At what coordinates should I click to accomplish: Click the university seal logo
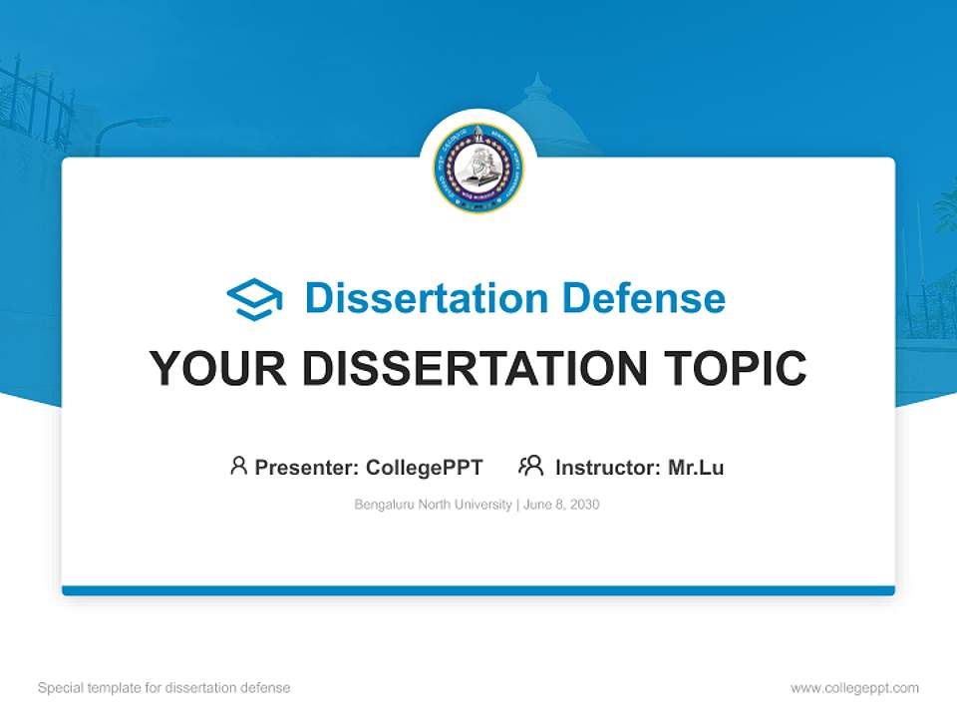tap(478, 168)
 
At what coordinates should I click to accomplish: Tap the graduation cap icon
tap(254, 298)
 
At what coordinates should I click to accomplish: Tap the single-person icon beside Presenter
tap(238, 466)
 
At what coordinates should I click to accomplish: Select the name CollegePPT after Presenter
tap(424, 467)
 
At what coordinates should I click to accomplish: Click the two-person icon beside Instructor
tap(530, 466)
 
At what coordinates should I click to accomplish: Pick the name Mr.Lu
tap(696, 467)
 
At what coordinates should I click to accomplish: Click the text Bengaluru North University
tap(433, 505)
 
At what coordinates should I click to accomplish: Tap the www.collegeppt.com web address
tap(854, 688)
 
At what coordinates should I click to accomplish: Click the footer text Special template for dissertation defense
tap(164, 688)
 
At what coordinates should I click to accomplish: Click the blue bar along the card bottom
tap(478, 590)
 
